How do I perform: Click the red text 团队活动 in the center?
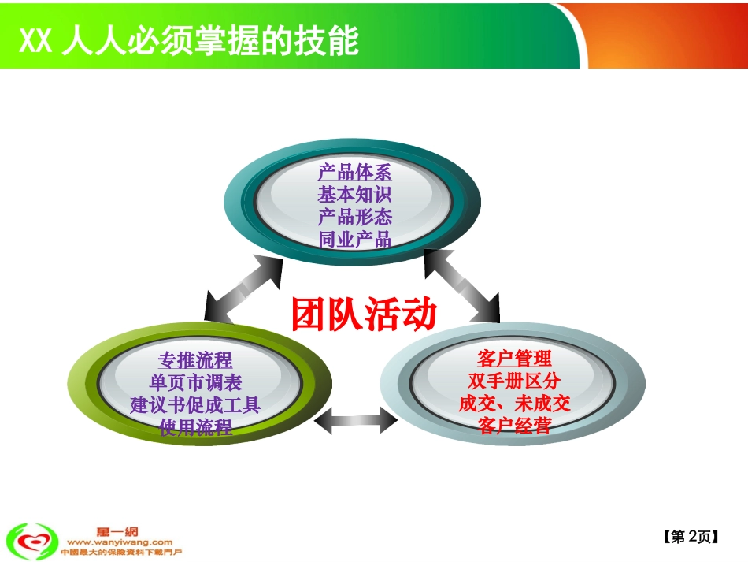click(363, 314)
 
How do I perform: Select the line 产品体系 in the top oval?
click(354, 172)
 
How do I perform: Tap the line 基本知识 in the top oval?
click(354, 194)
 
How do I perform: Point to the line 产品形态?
click(354, 216)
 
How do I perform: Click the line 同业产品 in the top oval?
click(354, 239)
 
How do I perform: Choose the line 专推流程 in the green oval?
click(195, 360)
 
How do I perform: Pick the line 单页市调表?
click(195, 382)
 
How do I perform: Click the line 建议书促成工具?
click(195, 405)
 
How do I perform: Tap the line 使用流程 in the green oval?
click(195, 428)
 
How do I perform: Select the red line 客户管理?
click(514, 359)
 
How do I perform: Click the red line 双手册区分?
click(514, 381)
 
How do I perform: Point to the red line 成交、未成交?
click(514, 404)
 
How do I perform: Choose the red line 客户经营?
click(514, 426)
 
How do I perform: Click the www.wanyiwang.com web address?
click(120, 542)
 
